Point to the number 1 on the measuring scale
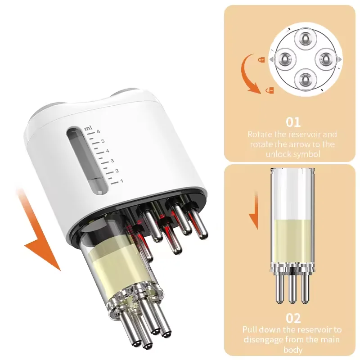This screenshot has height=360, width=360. point(121,181)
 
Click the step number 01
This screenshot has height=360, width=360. point(293,122)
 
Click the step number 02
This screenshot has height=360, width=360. point(293,318)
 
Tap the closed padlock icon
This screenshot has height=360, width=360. point(261,59)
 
